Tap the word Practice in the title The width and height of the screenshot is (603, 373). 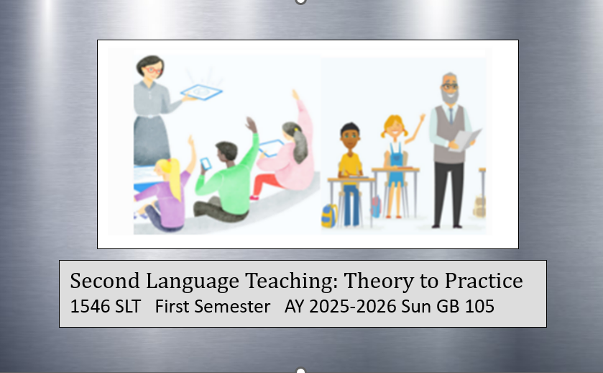[484, 280]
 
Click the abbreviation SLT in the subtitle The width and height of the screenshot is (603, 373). [128, 307]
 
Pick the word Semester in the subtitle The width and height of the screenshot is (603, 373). [232, 307]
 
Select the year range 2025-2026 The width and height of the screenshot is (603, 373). [353, 307]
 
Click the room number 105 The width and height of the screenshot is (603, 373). [479, 307]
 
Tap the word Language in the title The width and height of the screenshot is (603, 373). [193, 282]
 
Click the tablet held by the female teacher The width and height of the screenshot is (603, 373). [201, 92]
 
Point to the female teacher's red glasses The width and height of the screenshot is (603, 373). [152, 70]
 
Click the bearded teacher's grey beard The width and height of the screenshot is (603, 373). [450, 96]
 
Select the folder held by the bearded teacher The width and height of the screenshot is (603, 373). [466, 140]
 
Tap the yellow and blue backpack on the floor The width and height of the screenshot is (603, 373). [329, 216]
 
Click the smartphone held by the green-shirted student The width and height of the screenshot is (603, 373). [206, 163]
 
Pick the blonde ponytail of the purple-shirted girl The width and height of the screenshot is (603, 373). [175, 179]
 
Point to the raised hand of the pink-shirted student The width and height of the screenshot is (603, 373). [295, 95]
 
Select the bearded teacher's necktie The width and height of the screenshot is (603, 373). [451, 115]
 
